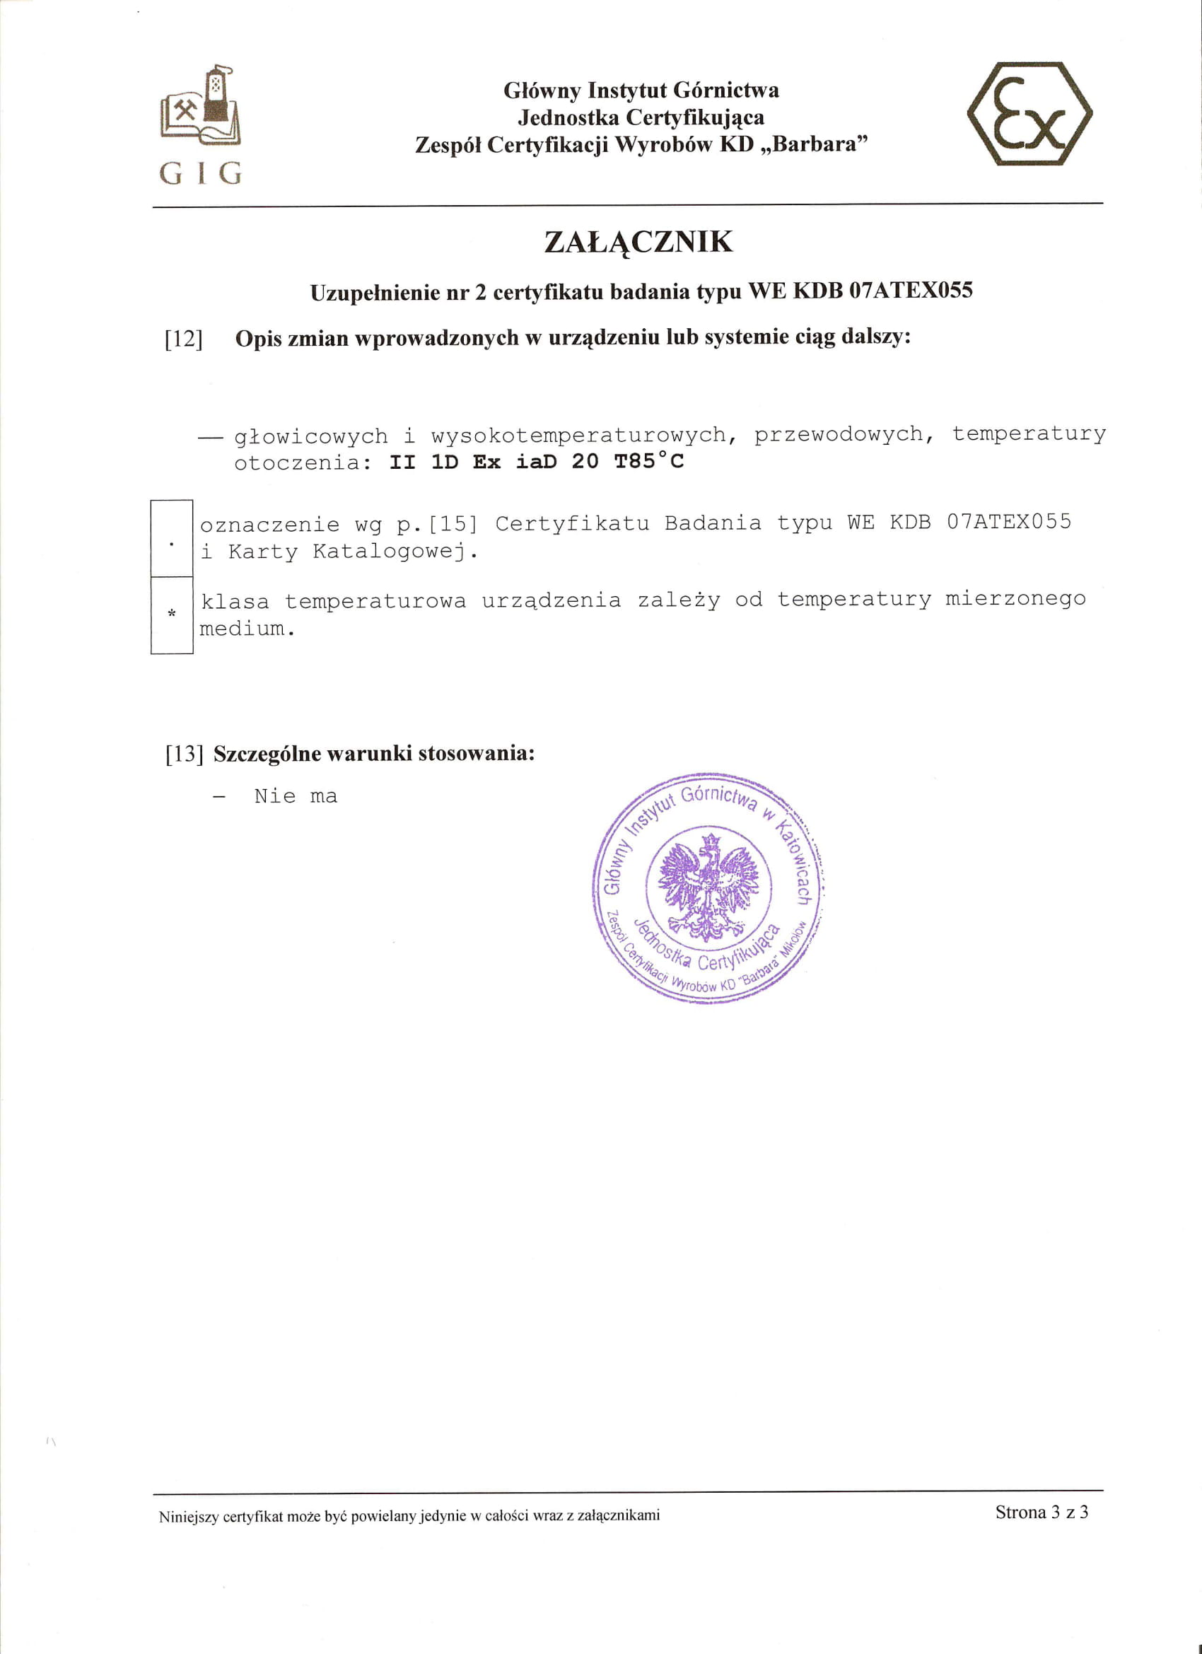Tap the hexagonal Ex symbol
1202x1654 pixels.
coord(1029,114)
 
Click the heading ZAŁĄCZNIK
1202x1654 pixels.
coord(638,242)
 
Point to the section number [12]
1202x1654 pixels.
coord(183,339)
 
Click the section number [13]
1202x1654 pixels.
coord(184,754)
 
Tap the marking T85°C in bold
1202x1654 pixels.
coord(649,461)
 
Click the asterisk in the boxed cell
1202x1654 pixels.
coord(172,613)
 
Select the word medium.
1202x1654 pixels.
coord(247,629)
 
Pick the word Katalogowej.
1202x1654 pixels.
coord(395,552)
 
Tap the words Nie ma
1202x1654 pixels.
coord(296,796)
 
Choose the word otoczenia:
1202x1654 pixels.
coord(298,463)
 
